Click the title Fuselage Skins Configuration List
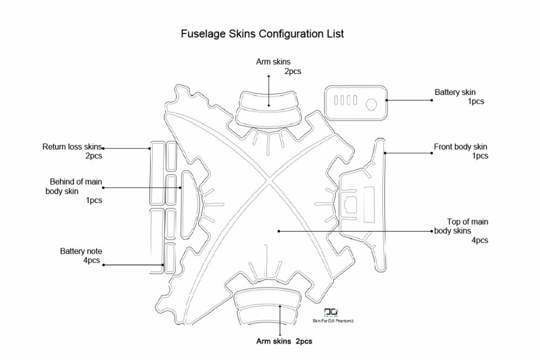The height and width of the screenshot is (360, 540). click(x=262, y=34)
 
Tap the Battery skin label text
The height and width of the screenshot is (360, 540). click(x=455, y=92)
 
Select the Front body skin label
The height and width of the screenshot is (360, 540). click(x=461, y=146)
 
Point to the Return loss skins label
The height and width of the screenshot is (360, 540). click(x=72, y=146)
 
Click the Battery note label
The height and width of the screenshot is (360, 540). click(x=81, y=251)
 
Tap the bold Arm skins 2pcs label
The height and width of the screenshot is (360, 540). click(x=283, y=341)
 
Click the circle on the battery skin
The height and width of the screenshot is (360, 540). click(x=372, y=103)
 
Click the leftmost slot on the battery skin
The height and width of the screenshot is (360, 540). click(x=336, y=101)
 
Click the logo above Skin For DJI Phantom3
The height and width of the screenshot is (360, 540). click(x=329, y=313)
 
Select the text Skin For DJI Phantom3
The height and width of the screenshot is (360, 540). click(x=333, y=321)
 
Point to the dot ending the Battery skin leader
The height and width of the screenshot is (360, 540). click(x=431, y=100)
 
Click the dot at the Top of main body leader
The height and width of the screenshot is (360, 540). click(x=279, y=231)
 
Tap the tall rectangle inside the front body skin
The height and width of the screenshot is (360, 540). click(x=369, y=203)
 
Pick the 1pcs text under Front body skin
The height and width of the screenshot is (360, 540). click(x=480, y=156)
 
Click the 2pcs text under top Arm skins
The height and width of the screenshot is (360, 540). click(x=293, y=71)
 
